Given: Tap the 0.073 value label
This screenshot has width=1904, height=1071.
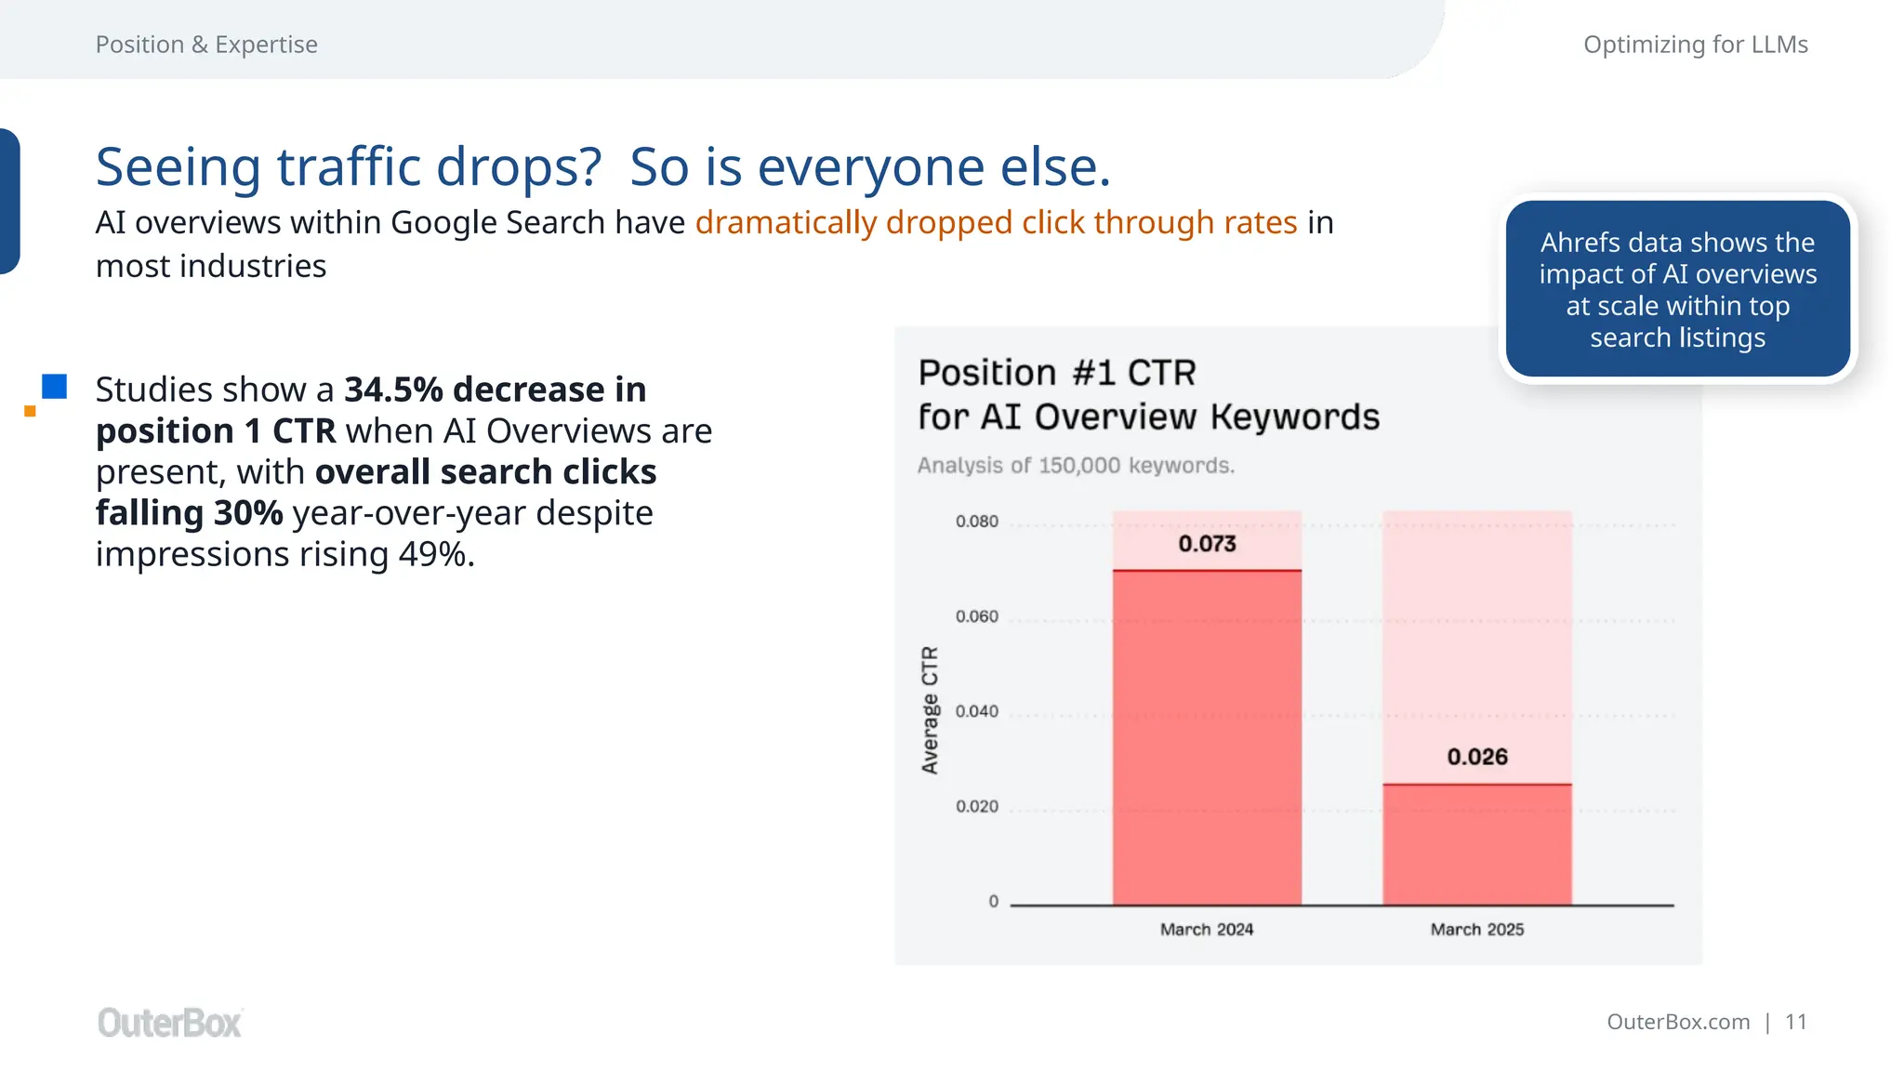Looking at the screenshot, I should pos(1207,544).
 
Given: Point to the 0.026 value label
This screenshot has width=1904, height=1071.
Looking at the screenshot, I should pos(1476,757).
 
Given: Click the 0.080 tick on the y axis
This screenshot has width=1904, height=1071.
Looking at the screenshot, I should pos(976,522).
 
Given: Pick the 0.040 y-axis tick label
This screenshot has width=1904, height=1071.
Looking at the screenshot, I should pos(976,711).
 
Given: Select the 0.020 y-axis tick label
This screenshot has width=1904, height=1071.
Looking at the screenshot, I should pos(976,806).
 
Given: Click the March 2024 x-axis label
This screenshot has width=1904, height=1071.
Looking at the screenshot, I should pos(1207,930).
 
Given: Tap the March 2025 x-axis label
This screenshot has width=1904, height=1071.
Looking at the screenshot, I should pos(1476,930).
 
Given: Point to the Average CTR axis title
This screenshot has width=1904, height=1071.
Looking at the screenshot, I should pos(930,710).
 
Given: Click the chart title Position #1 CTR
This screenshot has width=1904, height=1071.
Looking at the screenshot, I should pos(1057,373).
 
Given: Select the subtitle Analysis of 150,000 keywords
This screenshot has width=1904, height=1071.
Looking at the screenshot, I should pos(1076,465).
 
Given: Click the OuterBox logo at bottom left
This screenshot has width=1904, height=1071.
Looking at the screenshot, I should pos(169,1023).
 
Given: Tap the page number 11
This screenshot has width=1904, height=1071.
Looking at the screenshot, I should pos(1795,1022).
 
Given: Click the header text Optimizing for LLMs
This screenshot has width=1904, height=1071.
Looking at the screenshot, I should pos(1695,45).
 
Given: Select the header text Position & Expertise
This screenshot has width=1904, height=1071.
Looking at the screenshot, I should pos(206,45).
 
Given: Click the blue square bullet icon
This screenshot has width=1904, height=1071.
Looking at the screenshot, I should pos(54,387).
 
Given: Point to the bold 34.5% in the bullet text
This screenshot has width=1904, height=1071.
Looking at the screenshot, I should pos(393,390).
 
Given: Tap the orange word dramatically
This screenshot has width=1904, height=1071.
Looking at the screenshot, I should pos(786,223).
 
